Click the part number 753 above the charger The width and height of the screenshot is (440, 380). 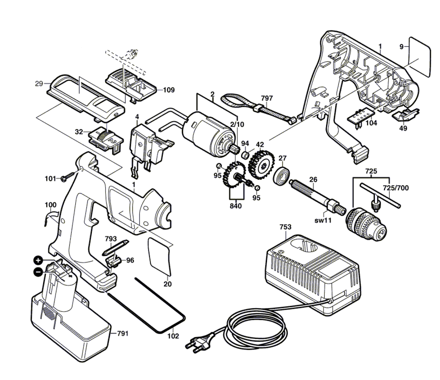(x=285, y=227)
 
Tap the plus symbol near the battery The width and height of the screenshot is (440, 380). (x=38, y=261)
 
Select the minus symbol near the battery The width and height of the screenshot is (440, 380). (x=38, y=271)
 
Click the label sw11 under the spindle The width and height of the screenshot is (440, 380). (x=323, y=221)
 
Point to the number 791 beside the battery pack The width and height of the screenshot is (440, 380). (x=123, y=333)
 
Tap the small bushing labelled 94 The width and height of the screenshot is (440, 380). (x=246, y=154)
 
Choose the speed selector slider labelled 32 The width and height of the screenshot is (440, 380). (x=106, y=139)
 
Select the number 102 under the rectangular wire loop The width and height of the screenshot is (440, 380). (x=173, y=336)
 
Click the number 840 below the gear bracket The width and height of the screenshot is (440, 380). (x=235, y=206)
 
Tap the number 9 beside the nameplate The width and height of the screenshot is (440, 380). (x=401, y=47)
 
